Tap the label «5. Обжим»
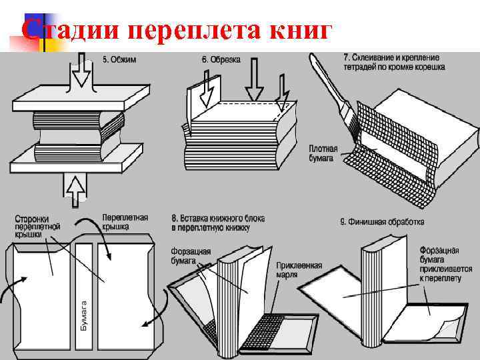(x=119, y=59)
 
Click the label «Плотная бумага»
(x=323, y=153)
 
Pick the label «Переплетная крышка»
(x=125, y=222)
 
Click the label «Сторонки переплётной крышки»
(x=38, y=226)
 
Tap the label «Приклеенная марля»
(x=299, y=269)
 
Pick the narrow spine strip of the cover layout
(x=84, y=293)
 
